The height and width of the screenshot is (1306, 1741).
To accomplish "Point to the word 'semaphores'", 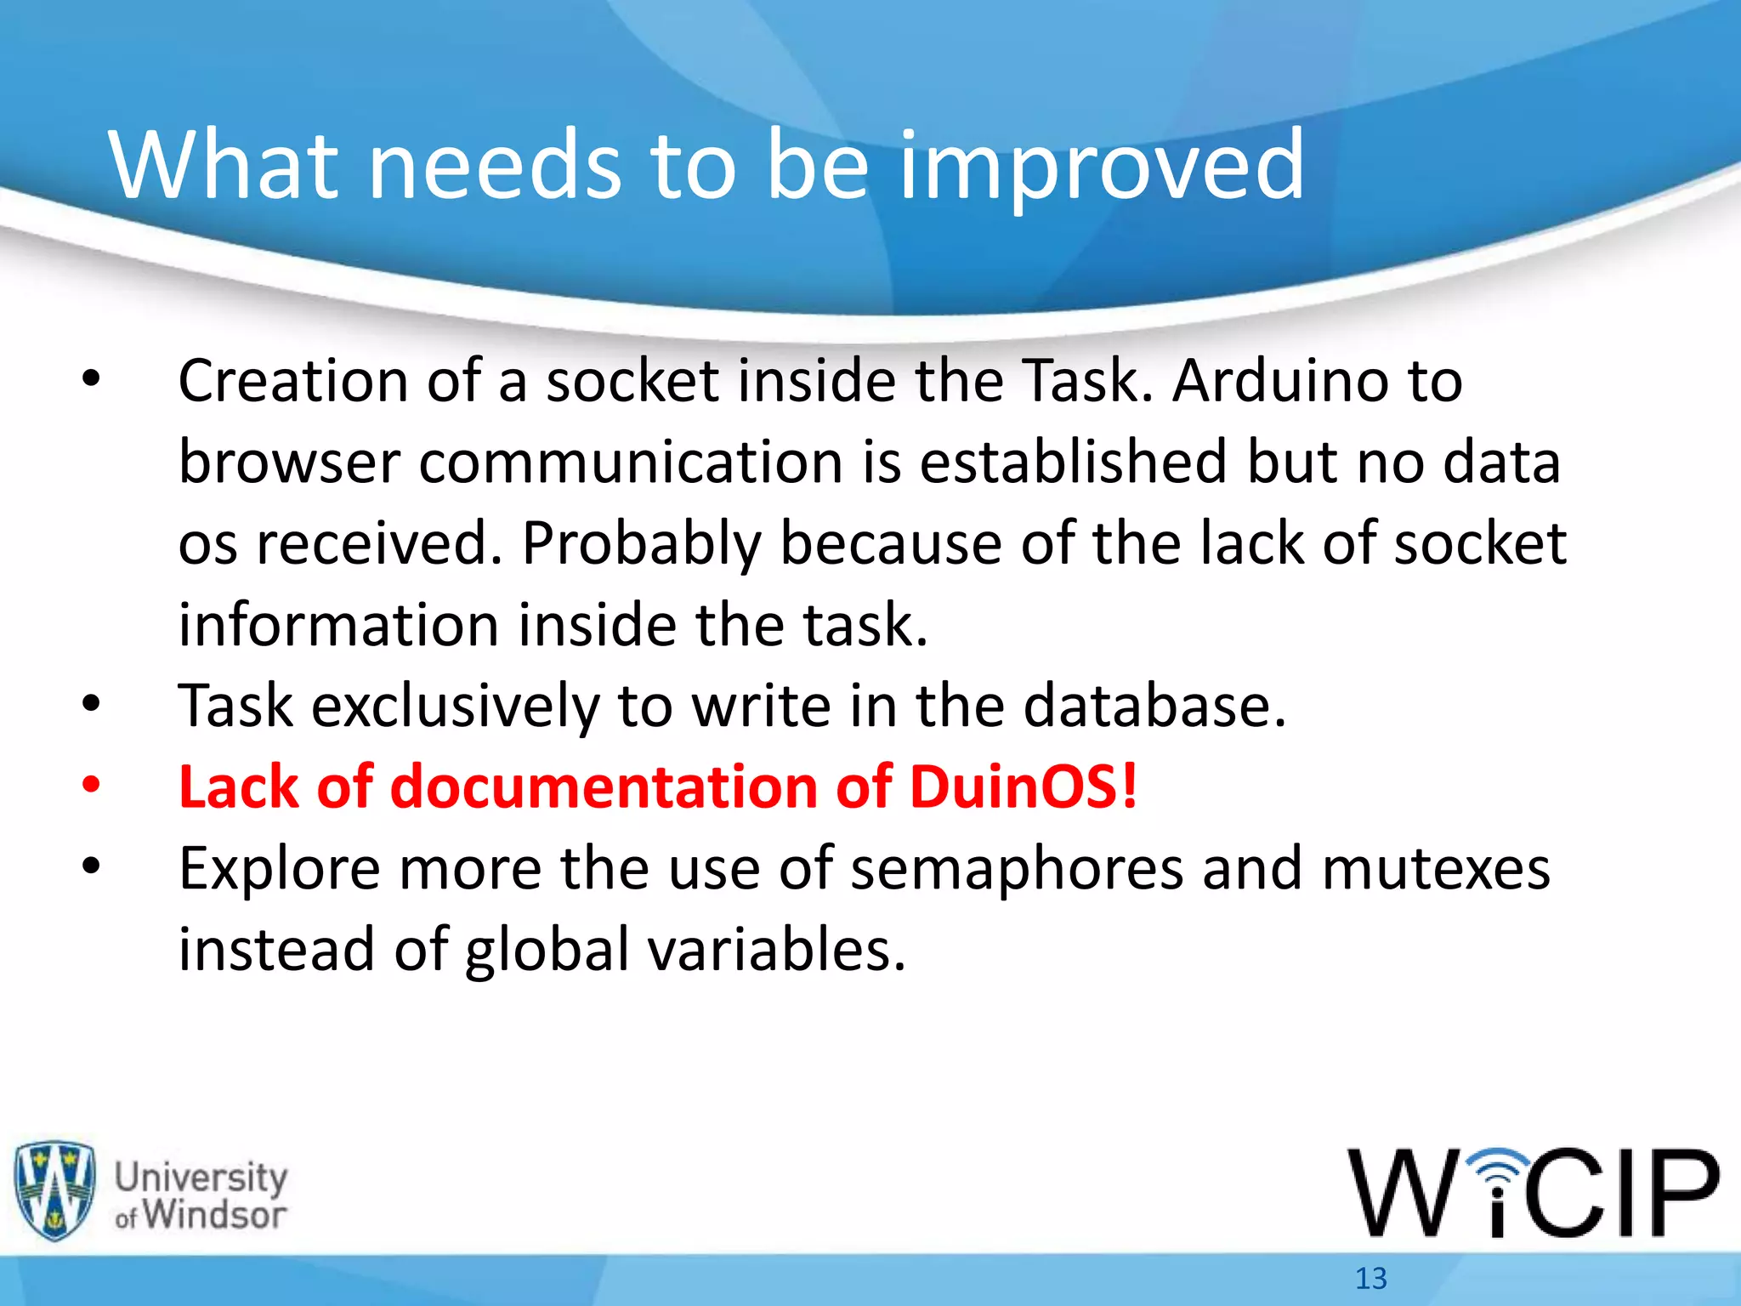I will [1017, 868].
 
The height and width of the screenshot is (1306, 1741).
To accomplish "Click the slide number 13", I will [1370, 1278].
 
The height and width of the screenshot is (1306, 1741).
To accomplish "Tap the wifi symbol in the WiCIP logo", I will [1499, 1170].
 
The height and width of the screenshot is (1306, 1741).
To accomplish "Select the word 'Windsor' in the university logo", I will [213, 1214].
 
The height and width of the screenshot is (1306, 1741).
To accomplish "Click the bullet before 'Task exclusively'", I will [91, 704].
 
